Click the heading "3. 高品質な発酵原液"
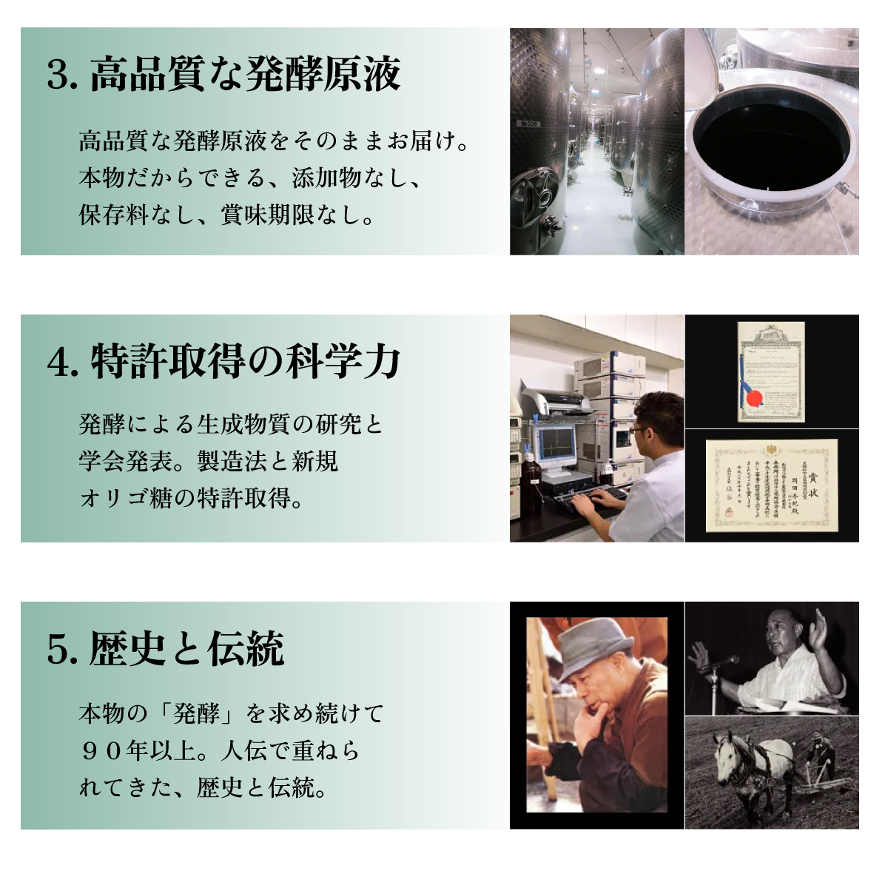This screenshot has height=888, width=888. point(223,74)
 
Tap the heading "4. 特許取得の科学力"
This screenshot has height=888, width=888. point(223,362)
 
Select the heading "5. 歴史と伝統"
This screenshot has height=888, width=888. point(165,649)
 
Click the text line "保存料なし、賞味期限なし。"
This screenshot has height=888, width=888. point(227,215)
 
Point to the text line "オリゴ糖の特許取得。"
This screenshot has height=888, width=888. point(192,498)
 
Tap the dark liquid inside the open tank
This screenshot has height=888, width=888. point(770,148)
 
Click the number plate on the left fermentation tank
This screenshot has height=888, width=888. point(529,124)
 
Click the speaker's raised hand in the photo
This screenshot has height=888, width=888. point(818,629)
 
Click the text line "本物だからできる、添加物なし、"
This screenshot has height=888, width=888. point(251,178)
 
